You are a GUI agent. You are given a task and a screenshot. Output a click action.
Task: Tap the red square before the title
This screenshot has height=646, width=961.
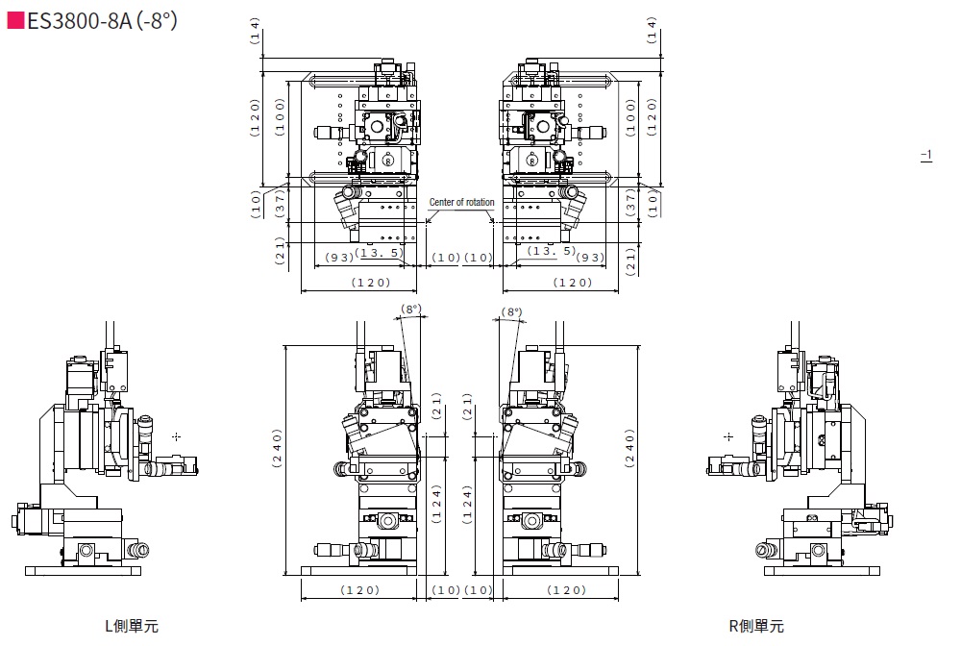(14, 20)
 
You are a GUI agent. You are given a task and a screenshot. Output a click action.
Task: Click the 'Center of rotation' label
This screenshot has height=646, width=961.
(461, 202)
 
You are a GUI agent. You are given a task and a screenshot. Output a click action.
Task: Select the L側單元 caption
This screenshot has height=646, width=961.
(132, 626)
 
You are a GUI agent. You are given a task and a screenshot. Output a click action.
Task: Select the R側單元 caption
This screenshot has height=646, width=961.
(756, 626)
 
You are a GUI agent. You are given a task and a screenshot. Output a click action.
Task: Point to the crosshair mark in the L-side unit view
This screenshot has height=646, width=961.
(176, 436)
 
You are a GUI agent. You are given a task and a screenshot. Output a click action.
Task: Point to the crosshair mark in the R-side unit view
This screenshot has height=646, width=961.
(728, 436)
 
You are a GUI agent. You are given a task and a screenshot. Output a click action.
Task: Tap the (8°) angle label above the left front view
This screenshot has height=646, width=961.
(411, 311)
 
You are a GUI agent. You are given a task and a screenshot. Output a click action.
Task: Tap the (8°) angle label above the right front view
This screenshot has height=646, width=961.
(511, 311)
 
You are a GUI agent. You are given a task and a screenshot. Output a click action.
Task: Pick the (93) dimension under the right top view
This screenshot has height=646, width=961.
(591, 258)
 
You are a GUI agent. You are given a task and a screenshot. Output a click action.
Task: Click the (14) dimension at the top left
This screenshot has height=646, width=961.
(255, 36)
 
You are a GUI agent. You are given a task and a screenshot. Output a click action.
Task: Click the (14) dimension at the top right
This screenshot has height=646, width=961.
(653, 36)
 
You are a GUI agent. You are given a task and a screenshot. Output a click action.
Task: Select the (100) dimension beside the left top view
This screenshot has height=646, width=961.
(280, 119)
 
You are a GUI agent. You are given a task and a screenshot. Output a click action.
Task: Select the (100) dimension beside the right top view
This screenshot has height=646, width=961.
(630, 119)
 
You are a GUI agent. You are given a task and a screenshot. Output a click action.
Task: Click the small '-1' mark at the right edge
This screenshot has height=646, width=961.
(925, 155)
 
